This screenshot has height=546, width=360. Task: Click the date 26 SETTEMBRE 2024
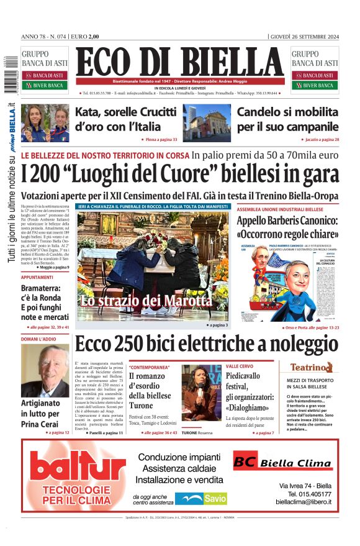pyautogui.click(x=305, y=36)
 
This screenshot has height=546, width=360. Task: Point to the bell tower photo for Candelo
pyautogui.click(x=206, y=122)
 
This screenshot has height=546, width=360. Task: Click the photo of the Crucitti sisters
pyautogui.click(x=45, y=122)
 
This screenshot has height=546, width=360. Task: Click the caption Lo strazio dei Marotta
pyautogui.click(x=145, y=301)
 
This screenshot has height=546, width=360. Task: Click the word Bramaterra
pyautogui.click(x=45, y=289)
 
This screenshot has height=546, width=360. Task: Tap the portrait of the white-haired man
pyautogui.click(x=45, y=371)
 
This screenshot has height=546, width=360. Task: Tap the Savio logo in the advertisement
pyautogui.click(x=200, y=498)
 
